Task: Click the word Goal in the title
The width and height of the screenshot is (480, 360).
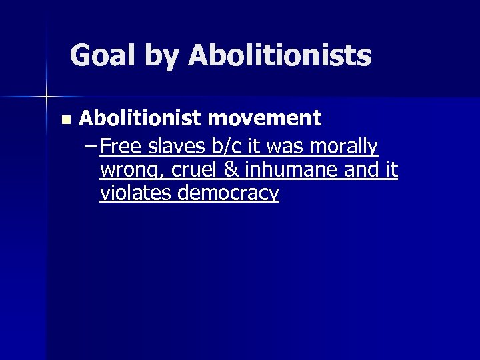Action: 100,55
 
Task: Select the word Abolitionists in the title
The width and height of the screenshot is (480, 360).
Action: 279,55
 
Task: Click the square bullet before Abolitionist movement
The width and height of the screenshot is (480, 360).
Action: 65,120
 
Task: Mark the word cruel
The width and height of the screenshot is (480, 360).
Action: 193,170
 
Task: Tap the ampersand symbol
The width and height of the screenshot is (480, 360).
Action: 231,170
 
